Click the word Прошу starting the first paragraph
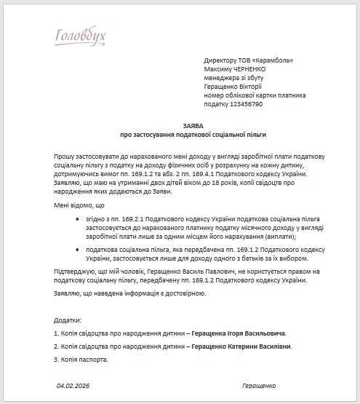point(63,157)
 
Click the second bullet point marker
point(78,249)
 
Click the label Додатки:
point(68,320)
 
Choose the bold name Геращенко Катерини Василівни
point(241,346)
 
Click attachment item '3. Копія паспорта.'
point(81,360)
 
